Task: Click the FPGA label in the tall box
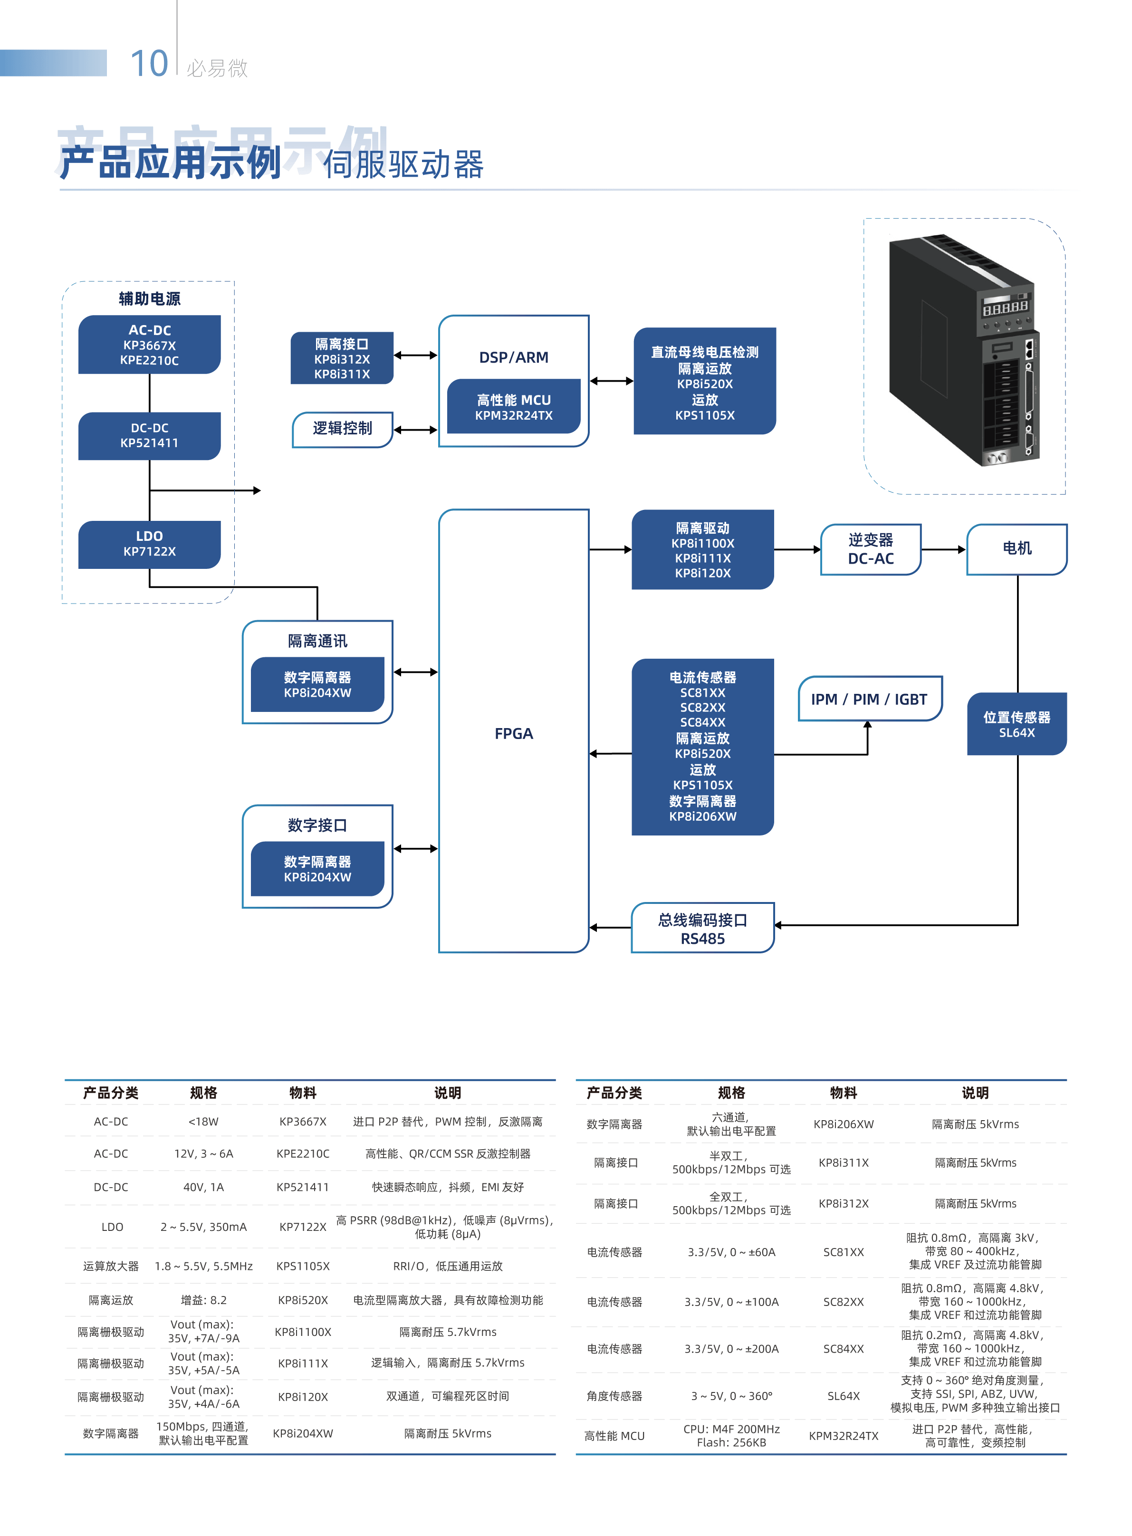click(x=513, y=734)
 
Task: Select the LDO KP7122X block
click(x=149, y=545)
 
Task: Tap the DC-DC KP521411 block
click(x=149, y=436)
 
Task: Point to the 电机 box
click(x=1017, y=549)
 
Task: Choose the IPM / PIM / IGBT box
click(x=870, y=699)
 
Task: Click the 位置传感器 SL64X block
click(x=1017, y=724)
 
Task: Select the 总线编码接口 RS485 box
click(x=702, y=928)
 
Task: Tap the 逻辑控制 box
click(x=343, y=430)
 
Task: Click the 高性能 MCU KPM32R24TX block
click(x=513, y=406)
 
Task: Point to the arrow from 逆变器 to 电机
click(x=943, y=549)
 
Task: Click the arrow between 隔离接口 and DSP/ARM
click(x=415, y=355)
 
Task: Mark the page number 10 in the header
click(x=149, y=64)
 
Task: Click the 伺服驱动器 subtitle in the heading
click(x=403, y=165)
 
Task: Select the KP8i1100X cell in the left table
click(x=303, y=1332)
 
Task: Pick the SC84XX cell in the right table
click(x=844, y=1348)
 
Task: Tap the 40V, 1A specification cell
click(x=203, y=1187)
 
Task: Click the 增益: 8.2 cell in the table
click(x=203, y=1300)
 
